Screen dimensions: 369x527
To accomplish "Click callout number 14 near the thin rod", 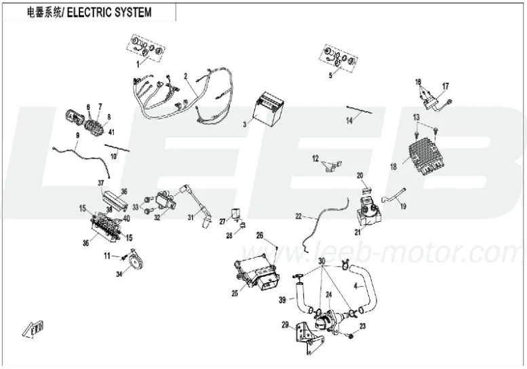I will [x=349, y=121].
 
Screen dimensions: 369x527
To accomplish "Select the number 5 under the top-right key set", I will [x=330, y=76].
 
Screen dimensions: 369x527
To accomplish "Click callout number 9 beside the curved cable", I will [x=78, y=136].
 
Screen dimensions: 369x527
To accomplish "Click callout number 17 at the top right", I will [x=446, y=86].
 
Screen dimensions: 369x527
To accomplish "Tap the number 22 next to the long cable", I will [x=298, y=216].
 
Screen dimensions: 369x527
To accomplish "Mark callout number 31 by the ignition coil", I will [x=191, y=217].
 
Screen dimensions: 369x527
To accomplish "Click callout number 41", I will [x=110, y=132].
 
